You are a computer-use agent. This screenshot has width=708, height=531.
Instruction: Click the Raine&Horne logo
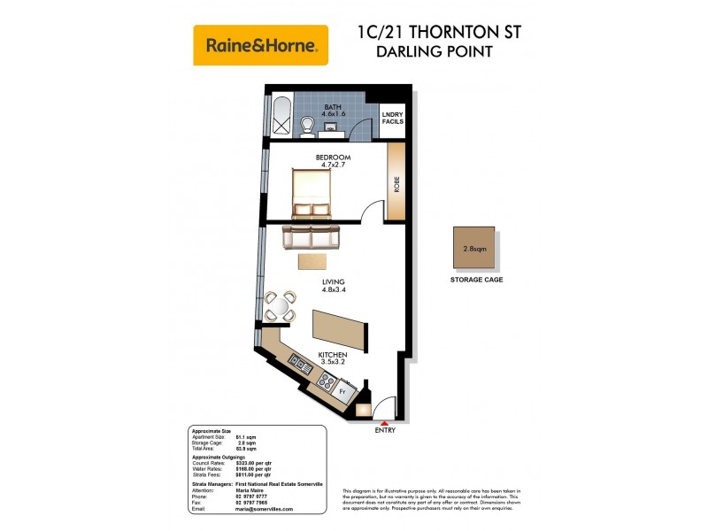[x=260, y=45]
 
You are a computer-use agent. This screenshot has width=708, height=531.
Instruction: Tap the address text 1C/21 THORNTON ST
[x=438, y=33]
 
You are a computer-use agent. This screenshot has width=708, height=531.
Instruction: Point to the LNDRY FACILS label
[x=392, y=118]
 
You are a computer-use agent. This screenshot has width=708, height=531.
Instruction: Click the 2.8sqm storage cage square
[x=474, y=249]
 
